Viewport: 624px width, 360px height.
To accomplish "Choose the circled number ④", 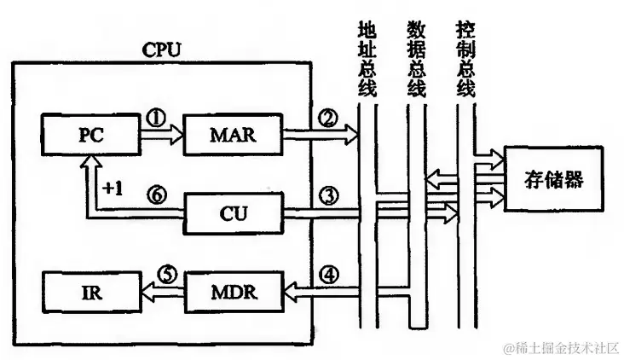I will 329,276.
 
